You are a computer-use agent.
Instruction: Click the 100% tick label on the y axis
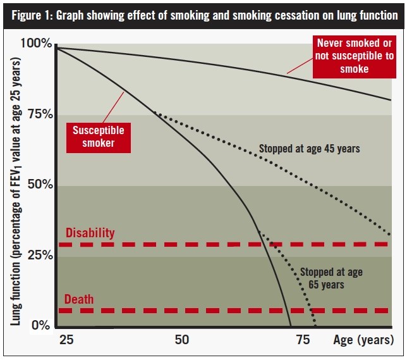point(37,44)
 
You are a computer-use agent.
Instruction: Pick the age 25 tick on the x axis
point(66,340)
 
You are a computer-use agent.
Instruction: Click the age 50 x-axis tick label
point(182,340)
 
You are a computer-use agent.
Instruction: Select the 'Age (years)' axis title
point(363,340)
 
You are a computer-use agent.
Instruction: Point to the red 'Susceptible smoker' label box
point(98,137)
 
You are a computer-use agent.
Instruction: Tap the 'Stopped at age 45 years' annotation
point(309,149)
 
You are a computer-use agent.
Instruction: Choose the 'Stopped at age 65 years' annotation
point(331,278)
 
